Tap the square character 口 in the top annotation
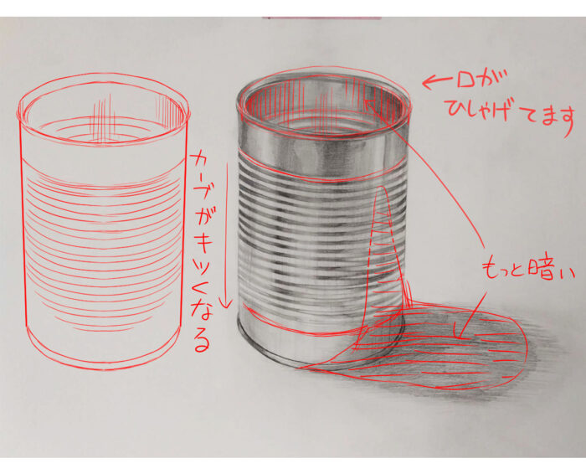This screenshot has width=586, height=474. (464, 80)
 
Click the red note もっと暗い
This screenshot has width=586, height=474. (527, 269)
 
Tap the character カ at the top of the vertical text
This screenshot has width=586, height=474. (200, 162)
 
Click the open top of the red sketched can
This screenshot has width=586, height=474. (103, 111)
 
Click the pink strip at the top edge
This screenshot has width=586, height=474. (321, 18)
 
